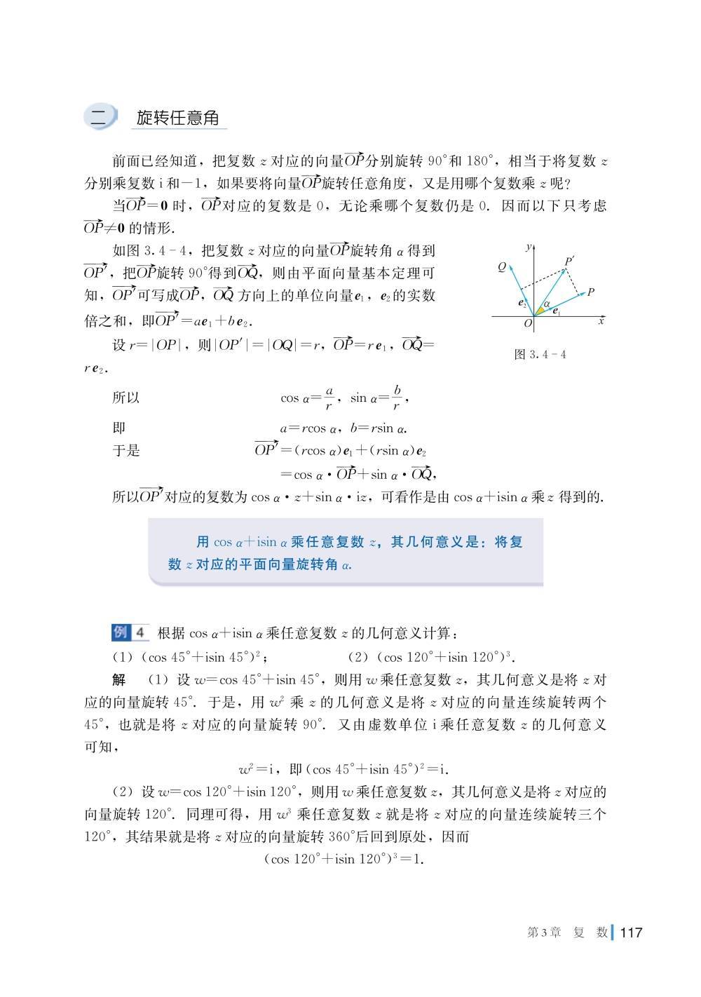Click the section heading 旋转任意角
coord(177,117)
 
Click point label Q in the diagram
coord(502,267)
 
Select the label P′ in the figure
coord(569,262)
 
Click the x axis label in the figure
coord(601,321)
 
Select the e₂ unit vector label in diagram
coord(522,304)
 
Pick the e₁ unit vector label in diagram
coord(556,311)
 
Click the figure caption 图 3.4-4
coord(540,355)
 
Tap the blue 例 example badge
coord(121,632)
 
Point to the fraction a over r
coord(329,398)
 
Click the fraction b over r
coord(397,398)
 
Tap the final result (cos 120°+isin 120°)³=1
coord(344,859)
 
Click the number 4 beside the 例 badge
coord(139,632)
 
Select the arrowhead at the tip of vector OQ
coord(510,266)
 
